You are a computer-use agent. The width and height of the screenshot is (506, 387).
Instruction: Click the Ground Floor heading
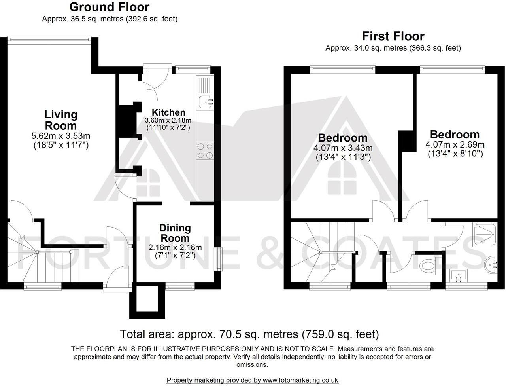coord(110,7)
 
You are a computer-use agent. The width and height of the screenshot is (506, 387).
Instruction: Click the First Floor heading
coord(393,36)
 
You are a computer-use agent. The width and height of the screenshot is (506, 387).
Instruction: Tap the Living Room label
coord(60,120)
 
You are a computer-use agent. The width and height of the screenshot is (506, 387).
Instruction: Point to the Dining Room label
coord(175,233)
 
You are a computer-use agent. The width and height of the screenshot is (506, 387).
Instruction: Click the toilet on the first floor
coord(429,265)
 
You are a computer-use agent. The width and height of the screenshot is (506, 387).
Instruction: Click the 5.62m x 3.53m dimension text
coord(60,136)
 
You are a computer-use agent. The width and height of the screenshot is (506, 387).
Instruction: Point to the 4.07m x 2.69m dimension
coord(455,144)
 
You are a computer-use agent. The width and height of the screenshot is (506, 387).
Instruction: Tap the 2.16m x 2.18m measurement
coord(175,248)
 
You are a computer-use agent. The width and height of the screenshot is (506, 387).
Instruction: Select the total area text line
coord(249,334)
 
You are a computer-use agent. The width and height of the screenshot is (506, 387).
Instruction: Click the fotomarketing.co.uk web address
coord(300,380)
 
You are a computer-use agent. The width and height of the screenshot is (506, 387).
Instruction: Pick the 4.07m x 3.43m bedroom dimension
coord(343,148)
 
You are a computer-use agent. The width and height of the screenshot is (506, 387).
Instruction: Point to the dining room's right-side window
coord(218,259)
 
